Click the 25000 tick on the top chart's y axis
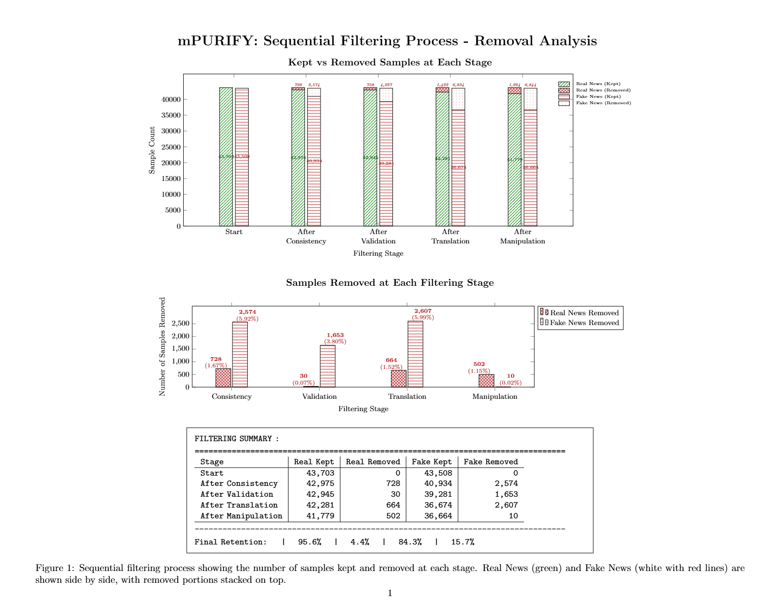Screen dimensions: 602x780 tap(171, 147)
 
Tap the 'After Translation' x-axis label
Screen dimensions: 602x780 tap(450, 237)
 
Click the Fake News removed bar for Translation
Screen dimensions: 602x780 tap(415, 354)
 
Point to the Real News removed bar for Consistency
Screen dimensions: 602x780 tap(223, 378)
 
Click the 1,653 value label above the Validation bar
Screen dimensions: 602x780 tap(335, 335)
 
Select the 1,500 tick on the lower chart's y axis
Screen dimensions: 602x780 tap(180, 349)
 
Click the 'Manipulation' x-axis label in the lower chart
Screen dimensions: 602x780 tap(494, 396)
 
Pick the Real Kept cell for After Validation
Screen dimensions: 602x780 tap(320, 494)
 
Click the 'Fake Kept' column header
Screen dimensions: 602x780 tap(431, 462)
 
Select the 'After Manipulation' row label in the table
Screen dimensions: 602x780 tap(241, 516)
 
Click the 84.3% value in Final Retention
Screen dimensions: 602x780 tap(410, 542)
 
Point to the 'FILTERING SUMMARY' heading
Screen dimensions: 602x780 tap(233, 439)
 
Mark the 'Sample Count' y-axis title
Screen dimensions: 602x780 tap(152, 150)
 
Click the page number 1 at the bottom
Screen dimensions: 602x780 tap(390, 593)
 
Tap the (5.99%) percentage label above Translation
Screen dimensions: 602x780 tap(423, 317)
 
